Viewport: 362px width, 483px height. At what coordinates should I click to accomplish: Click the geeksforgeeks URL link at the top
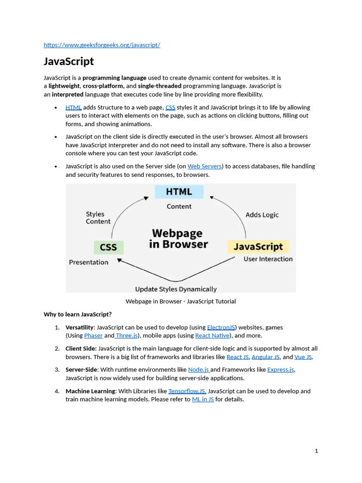[102, 45]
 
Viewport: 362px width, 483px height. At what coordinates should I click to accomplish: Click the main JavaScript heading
[69, 61]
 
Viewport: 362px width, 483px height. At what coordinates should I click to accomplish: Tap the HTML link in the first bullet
[74, 107]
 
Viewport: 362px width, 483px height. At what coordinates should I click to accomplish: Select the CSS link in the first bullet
[170, 107]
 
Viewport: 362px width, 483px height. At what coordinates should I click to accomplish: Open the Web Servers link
[205, 166]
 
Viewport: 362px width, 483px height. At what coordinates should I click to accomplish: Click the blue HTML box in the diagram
[179, 192]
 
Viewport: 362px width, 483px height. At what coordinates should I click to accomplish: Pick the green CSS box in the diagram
[108, 247]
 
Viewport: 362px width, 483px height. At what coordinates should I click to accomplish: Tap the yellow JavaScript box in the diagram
[258, 247]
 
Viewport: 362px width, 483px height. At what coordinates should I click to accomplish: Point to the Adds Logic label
[262, 215]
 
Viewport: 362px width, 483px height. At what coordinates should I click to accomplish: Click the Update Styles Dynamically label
[176, 289]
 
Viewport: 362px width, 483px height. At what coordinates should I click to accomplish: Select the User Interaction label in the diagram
[268, 259]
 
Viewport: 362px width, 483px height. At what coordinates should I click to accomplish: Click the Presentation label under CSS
[89, 262]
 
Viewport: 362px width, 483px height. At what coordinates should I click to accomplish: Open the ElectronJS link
[221, 327]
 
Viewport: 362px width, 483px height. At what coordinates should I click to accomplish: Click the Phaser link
[93, 335]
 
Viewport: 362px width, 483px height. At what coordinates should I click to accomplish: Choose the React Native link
[212, 335]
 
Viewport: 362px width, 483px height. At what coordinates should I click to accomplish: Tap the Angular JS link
[265, 357]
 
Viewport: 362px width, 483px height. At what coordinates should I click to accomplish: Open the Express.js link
[281, 369]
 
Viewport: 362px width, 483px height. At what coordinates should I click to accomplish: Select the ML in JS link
[203, 399]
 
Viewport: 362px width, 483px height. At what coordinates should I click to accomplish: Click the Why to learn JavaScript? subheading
[78, 314]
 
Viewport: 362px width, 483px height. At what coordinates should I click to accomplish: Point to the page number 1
[316, 451]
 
